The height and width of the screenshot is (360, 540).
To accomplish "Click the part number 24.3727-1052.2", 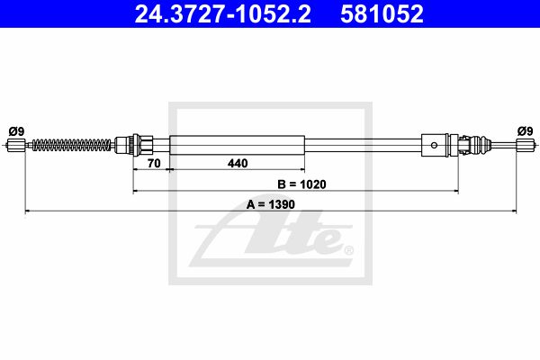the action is coord(223,13).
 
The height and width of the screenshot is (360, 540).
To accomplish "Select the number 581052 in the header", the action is coord(382,13).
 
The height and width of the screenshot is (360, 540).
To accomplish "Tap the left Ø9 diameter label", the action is coord(16,131).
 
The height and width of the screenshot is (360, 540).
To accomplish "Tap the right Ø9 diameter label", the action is coord(526,131).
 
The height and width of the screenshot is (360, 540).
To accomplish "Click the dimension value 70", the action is coord(154,163).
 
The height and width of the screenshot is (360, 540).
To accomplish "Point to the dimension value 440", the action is coord(238,163).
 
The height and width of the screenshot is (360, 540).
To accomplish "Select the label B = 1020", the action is coord(301,184).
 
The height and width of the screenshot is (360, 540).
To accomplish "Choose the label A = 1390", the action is coord(271,204).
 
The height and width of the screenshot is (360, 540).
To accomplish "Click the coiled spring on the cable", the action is coord(72,145).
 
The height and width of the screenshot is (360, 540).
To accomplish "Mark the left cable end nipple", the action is coord(16,145).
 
